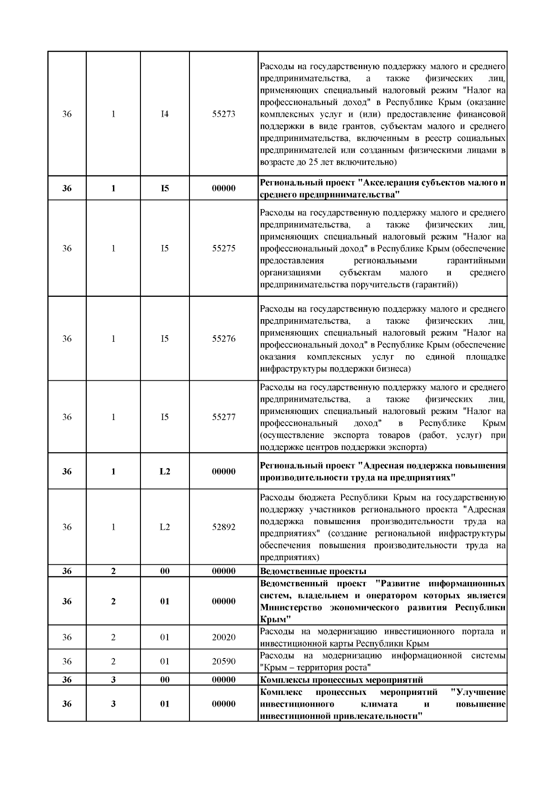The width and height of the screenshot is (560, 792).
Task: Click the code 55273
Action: coord(224,114)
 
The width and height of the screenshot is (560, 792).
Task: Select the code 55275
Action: coord(224,248)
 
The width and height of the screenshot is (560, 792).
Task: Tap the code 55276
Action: coord(224,339)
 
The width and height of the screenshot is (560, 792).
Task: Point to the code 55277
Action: coord(224,417)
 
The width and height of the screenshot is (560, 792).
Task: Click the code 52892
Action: coord(224,527)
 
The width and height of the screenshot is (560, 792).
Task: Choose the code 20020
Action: coord(224,638)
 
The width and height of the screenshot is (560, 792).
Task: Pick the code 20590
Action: coord(224,661)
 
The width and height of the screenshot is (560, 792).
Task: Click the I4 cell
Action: coord(165,114)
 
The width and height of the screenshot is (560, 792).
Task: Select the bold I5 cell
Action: coord(165,189)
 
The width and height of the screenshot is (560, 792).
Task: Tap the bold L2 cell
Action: coord(165,471)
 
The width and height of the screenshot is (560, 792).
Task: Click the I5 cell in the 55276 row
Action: coord(165,339)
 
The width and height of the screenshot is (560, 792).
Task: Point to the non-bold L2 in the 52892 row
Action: coord(165,527)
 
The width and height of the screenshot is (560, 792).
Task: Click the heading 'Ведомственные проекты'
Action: coord(313,571)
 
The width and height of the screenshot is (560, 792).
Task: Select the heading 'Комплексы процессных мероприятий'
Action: coord(341,680)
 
